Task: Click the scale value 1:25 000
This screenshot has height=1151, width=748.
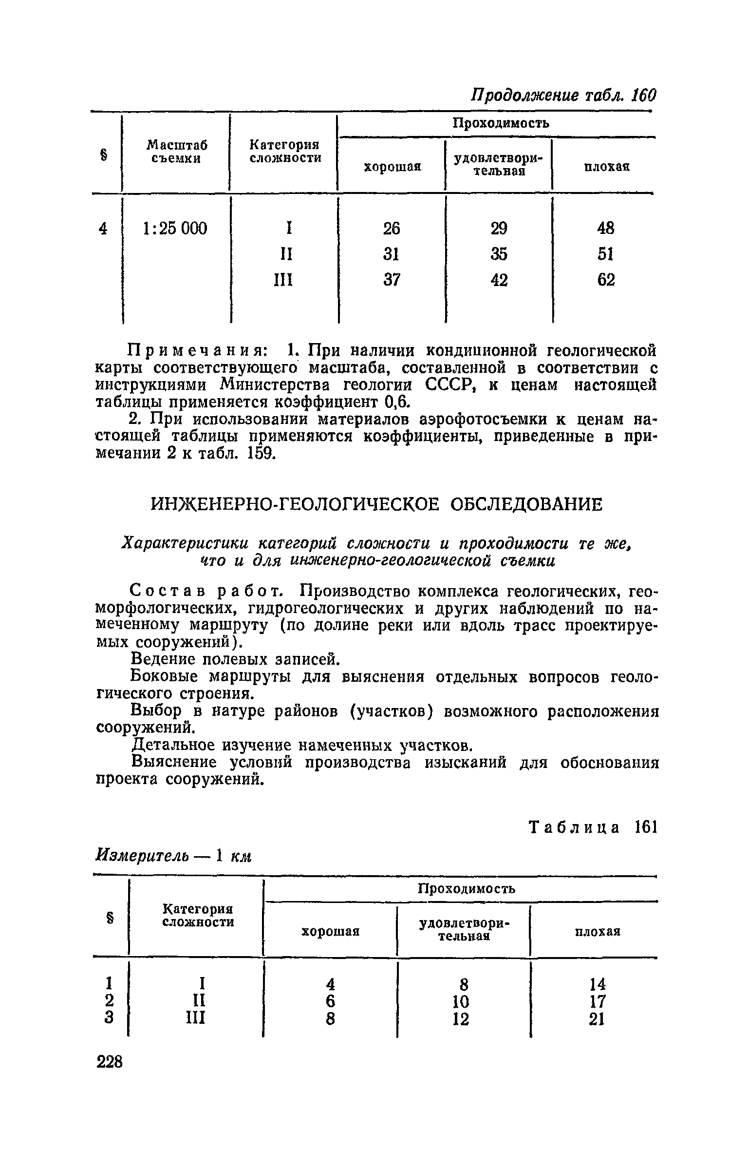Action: [174, 228]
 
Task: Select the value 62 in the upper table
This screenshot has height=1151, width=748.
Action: [606, 280]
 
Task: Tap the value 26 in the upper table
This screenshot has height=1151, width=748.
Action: [392, 228]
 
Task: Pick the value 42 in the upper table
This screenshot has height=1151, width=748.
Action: [499, 280]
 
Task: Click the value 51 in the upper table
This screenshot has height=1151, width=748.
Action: [606, 254]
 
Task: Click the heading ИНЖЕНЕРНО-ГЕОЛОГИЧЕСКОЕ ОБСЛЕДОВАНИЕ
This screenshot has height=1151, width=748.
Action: [377, 504]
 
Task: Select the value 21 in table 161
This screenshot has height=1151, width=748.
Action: [597, 1019]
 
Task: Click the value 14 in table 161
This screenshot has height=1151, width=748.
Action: [597, 985]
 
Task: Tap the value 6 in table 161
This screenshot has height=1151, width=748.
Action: [331, 1002]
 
